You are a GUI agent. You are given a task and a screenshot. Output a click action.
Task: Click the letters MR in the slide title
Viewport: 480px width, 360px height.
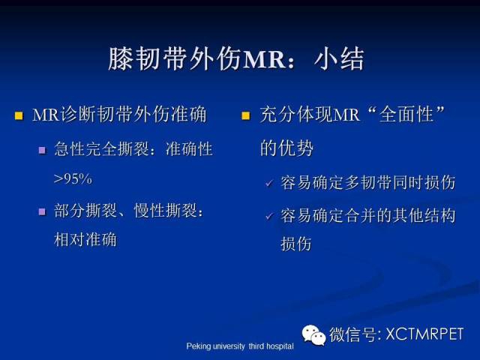pyautogui.click(x=264, y=59)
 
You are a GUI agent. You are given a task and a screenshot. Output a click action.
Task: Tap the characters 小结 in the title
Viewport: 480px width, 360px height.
pyautogui.click(x=339, y=58)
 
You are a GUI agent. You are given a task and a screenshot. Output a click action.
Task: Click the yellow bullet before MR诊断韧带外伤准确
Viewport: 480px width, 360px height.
pyautogui.click(x=19, y=115)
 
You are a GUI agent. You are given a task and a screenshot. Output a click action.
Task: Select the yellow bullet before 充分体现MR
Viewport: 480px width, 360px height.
pyautogui.click(x=246, y=115)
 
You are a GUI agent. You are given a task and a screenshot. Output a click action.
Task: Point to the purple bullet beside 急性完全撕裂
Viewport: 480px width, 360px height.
pyautogui.click(x=42, y=150)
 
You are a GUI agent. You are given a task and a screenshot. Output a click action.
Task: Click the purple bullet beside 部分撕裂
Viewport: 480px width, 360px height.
pyautogui.click(x=42, y=211)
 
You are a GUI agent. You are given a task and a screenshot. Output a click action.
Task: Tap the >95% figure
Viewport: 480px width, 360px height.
pyautogui.click(x=73, y=179)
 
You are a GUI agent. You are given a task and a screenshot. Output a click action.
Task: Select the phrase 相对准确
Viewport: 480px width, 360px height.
pyautogui.click(x=85, y=239)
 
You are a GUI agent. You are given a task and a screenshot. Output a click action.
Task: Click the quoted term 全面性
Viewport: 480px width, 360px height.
pyautogui.click(x=406, y=114)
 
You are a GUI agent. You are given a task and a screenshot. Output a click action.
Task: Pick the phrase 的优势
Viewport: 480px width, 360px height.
pyautogui.click(x=286, y=148)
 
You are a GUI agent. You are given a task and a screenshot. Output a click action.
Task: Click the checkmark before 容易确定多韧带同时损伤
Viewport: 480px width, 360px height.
pyautogui.click(x=269, y=183)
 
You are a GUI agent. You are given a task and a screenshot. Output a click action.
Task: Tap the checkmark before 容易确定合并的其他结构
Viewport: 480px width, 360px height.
pyautogui.click(x=269, y=217)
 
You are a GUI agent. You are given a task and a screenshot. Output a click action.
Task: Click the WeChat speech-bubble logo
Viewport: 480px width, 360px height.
pyautogui.click(x=313, y=335)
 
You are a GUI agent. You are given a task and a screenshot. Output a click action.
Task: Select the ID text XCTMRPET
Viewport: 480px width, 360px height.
pyautogui.click(x=424, y=334)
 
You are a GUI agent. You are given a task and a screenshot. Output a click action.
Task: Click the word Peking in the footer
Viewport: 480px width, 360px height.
pyautogui.click(x=198, y=346)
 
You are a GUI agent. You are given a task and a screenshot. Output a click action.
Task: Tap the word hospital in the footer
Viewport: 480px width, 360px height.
pyautogui.click(x=280, y=346)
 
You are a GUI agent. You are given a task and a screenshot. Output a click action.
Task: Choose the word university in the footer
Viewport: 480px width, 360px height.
pyautogui.click(x=229, y=346)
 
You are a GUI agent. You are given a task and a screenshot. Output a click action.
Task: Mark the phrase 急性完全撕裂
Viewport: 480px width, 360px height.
pyautogui.click(x=102, y=149)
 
